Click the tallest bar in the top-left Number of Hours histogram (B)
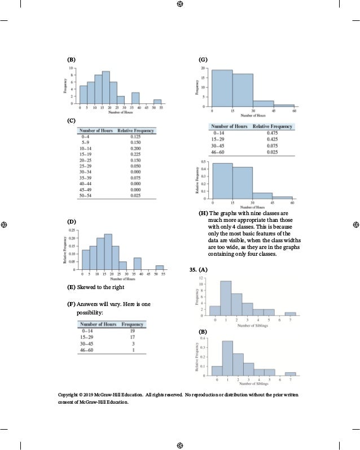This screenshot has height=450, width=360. point(106,88)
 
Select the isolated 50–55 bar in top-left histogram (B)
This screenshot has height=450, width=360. point(157,102)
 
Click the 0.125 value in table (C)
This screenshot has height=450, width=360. point(135,137)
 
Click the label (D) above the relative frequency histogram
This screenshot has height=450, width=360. point(71,222)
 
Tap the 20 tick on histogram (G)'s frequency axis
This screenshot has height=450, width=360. point(203,68)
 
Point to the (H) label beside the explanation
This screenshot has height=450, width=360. point(203,213)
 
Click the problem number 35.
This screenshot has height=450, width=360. point(192,270)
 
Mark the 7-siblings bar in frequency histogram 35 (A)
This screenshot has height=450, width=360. point(290,313)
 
